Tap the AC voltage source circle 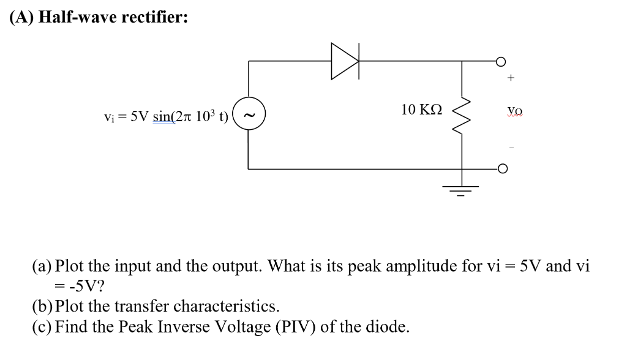(x=248, y=114)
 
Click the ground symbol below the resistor (x=461, y=186)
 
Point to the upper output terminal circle (x=501, y=61)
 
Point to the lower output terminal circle (x=501, y=168)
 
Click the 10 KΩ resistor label (x=421, y=110)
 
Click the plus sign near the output (x=511, y=78)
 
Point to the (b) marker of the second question (x=42, y=306)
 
